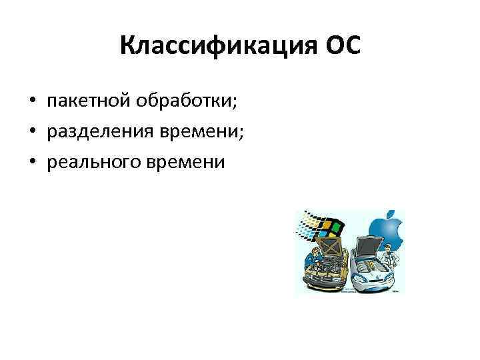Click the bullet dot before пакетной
[32, 102]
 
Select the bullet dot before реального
[32, 163]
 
